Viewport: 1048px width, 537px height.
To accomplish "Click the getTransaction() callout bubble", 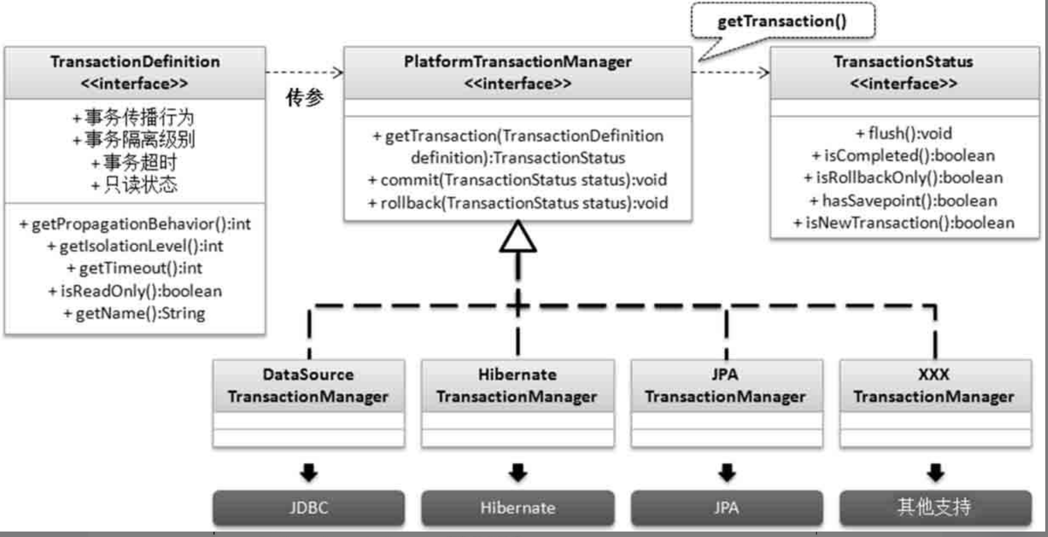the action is pos(782,20).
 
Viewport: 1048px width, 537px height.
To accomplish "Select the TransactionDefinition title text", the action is pos(135,61).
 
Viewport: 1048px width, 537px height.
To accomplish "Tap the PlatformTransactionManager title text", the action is pos(518,61).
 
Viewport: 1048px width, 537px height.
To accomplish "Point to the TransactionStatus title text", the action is pos(904,61).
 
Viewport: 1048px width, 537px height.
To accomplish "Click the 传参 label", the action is pos(305,97).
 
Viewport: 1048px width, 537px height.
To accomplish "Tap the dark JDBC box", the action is pos(308,508).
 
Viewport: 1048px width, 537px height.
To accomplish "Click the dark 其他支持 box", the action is pos(936,508).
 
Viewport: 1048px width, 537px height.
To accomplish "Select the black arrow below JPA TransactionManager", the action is pos(727,472).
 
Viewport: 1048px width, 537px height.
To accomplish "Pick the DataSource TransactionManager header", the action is pos(308,386).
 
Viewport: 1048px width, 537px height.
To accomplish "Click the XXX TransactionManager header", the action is pos(936,386).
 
